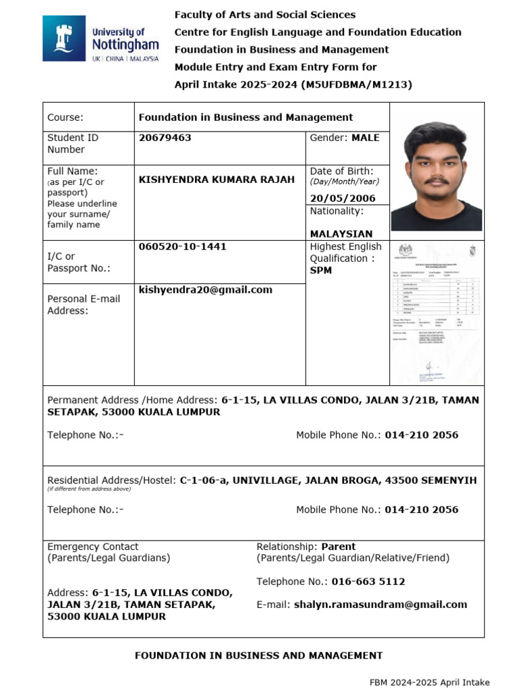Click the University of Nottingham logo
[101, 39]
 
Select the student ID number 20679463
[165, 138]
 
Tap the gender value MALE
[365, 138]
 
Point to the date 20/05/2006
[342, 198]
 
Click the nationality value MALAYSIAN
[341, 234]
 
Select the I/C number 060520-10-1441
[182, 247]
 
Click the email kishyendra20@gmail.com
[205, 290]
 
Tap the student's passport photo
[436, 176]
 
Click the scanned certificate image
[436, 313]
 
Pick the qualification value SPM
[321, 271]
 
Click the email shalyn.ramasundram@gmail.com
[380, 605]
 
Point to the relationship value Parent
[338, 547]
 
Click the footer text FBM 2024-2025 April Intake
[429, 682]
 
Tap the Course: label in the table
[65, 117]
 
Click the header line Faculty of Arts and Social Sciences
[264, 15]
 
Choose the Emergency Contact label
[92, 547]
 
